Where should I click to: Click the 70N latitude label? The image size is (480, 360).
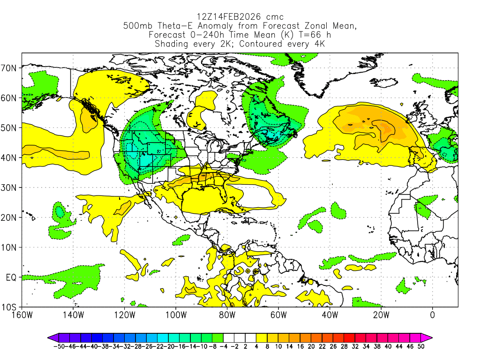pos(10,68)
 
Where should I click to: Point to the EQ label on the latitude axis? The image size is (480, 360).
pos(12,277)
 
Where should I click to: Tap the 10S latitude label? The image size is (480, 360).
pos(10,307)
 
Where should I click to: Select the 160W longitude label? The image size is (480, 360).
pos(22,315)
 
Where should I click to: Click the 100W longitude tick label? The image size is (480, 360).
pos(175,315)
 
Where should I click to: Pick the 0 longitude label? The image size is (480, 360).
pos(432,315)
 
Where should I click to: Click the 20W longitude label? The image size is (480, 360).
pos(381,315)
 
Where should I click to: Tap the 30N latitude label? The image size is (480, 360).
pos(10,187)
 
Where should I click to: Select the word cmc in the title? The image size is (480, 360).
pos(273,17)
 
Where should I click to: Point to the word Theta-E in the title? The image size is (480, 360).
pos(168,26)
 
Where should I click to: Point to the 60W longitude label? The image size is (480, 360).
pos(278,315)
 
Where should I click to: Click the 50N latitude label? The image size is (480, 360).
pos(10,127)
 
